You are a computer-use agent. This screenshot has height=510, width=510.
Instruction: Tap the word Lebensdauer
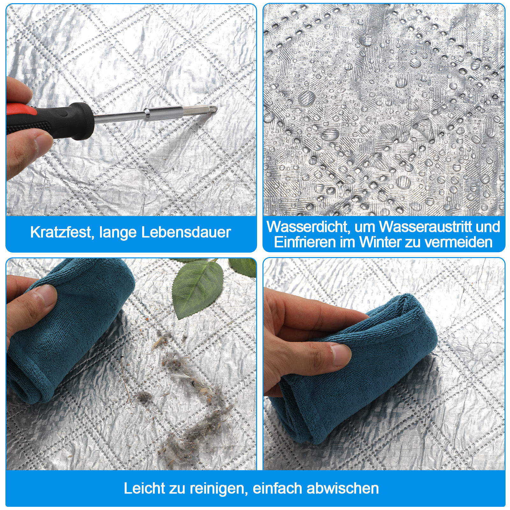186,232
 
